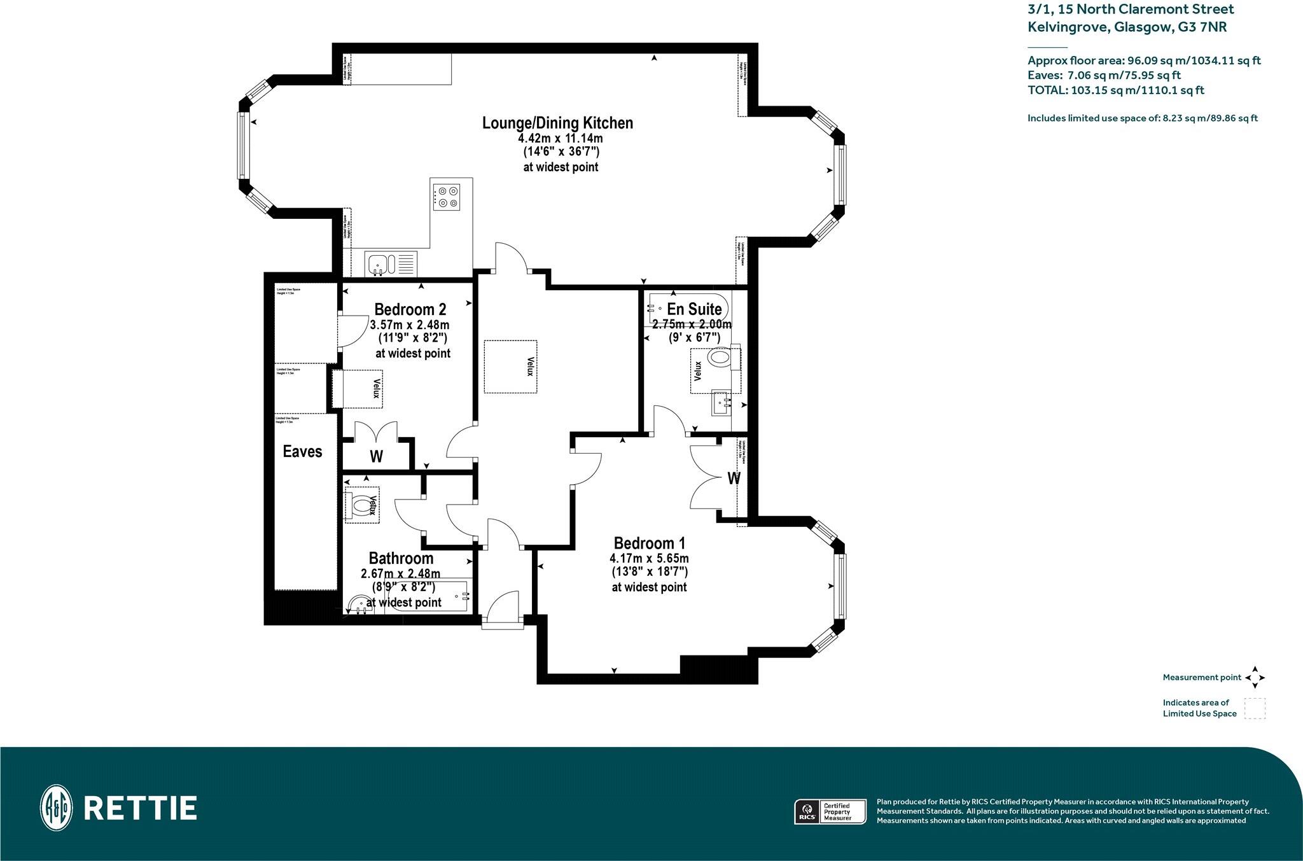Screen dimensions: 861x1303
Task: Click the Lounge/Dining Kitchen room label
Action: pyautogui.click(x=557, y=123)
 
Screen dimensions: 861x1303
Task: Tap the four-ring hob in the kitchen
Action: pyautogui.click(x=447, y=196)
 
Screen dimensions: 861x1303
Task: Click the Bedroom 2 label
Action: pyautogui.click(x=410, y=309)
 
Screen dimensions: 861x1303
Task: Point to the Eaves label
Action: pyautogui.click(x=302, y=451)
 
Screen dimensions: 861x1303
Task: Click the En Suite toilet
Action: pyautogui.click(x=720, y=358)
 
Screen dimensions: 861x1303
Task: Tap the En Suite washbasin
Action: pyautogui.click(x=721, y=402)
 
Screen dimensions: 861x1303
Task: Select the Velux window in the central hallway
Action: pyautogui.click(x=510, y=366)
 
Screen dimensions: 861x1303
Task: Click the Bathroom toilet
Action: pyautogui.click(x=360, y=506)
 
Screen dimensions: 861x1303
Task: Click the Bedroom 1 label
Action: pyautogui.click(x=649, y=543)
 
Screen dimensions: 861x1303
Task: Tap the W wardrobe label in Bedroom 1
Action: pyautogui.click(x=734, y=479)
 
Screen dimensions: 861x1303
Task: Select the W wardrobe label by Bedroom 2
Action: pyautogui.click(x=376, y=456)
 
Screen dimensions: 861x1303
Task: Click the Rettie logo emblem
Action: pyautogui.click(x=56, y=808)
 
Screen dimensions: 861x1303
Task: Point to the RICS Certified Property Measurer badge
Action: pyautogui.click(x=830, y=812)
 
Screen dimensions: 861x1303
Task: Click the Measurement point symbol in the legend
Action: pyautogui.click(x=1255, y=678)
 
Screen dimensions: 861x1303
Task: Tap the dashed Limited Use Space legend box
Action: pyautogui.click(x=1255, y=708)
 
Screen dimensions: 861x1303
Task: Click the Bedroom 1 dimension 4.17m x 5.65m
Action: pyautogui.click(x=649, y=559)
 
